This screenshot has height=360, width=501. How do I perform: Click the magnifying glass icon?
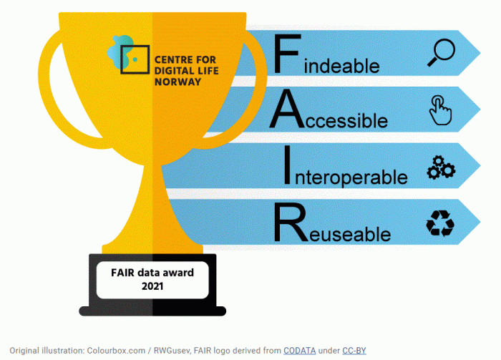coord(442,52)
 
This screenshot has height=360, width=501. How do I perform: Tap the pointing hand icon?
coord(440,110)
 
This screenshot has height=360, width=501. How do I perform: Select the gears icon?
coord(442,167)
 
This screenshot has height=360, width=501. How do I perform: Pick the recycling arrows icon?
coord(440,223)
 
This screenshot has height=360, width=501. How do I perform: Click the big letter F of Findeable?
coord(287,54)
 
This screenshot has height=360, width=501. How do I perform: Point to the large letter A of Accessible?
coord(287,109)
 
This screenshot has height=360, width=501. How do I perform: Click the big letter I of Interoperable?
coord(287,165)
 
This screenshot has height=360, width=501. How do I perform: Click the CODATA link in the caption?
coord(299,351)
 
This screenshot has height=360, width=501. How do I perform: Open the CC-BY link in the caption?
coord(354,351)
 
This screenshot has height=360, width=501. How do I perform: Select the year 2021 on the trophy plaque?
coord(152,286)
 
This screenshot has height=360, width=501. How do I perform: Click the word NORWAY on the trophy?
coord(177,82)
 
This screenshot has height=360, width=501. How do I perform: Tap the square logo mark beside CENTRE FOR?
coord(135,59)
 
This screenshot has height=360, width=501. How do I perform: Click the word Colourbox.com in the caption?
coord(116,351)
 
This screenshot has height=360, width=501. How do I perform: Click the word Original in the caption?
coord(24,351)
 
